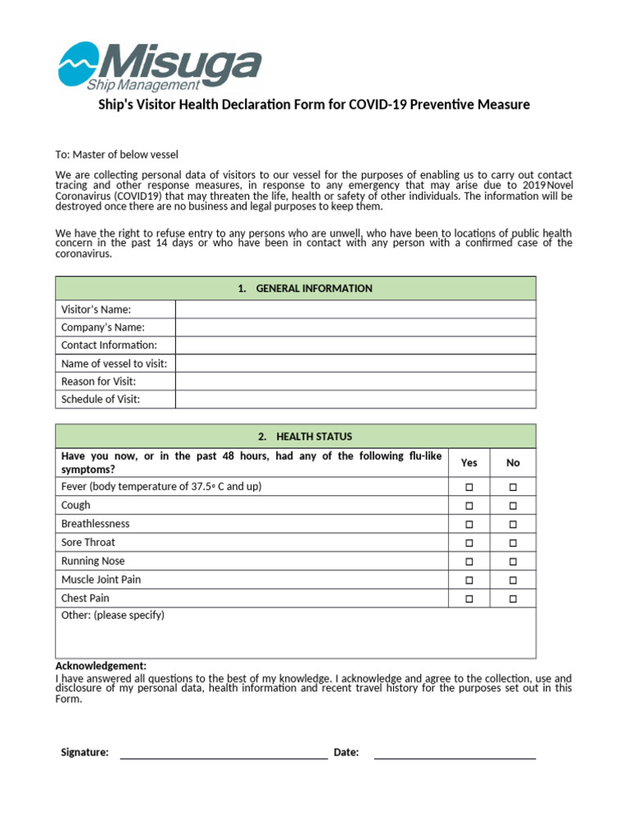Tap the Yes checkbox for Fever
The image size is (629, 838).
[x=469, y=487]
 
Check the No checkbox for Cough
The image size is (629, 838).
[x=513, y=506]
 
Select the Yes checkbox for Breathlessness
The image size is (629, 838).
[x=469, y=525]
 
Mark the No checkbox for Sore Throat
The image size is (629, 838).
[x=513, y=543]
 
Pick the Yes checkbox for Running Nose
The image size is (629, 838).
[x=469, y=561]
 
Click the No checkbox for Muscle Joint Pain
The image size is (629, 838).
[x=513, y=580]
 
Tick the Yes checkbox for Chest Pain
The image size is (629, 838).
[x=469, y=599]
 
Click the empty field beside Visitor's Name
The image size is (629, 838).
[x=355, y=309]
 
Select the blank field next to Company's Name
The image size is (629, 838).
[x=355, y=327]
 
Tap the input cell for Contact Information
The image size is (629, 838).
[x=355, y=345]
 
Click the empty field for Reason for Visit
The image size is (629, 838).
[x=355, y=381]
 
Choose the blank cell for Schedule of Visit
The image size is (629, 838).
[x=355, y=399]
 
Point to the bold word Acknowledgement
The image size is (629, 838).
[x=101, y=666]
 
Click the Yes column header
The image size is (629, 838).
[x=469, y=462]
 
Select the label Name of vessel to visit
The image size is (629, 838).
[x=114, y=363]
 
